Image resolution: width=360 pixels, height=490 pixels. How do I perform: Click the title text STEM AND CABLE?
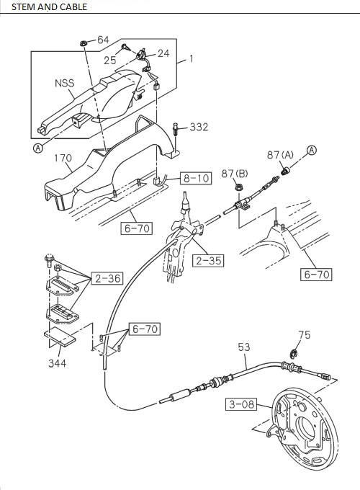[x=45, y=7]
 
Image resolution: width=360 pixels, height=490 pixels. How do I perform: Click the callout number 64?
[x=103, y=40]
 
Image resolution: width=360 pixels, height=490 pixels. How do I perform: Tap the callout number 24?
[x=163, y=53]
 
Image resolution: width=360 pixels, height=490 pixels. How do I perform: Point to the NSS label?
[x=65, y=84]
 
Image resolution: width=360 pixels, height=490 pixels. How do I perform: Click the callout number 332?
[x=199, y=127]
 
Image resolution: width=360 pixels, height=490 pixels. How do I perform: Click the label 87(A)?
[x=280, y=154]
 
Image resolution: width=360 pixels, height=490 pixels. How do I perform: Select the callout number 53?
[x=246, y=347]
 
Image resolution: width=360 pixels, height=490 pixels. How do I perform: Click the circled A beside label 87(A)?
[x=312, y=150]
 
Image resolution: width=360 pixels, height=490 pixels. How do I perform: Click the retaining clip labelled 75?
[x=294, y=353]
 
